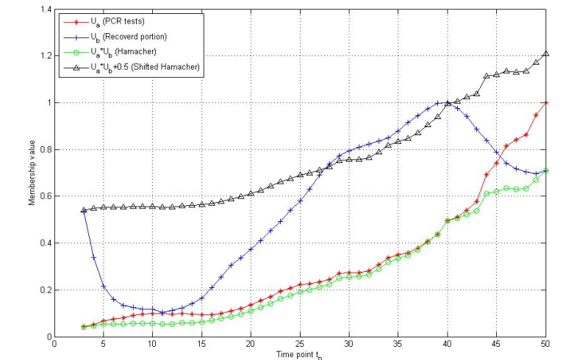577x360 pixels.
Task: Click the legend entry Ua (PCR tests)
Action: click(x=110, y=22)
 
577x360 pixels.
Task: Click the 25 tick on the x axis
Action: click(x=300, y=344)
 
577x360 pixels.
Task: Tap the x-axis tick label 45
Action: click(x=496, y=344)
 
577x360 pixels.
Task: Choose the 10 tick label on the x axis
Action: click(x=152, y=344)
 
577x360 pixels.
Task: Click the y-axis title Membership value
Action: click(x=32, y=173)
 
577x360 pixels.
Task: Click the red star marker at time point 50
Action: click(x=545, y=103)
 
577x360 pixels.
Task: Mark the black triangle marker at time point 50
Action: click(x=545, y=54)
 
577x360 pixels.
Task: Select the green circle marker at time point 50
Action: click(x=545, y=170)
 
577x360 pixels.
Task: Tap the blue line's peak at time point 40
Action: click(x=448, y=103)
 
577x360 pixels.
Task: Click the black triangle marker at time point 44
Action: click(x=487, y=76)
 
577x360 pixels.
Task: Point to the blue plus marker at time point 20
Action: click(x=251, y=249)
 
